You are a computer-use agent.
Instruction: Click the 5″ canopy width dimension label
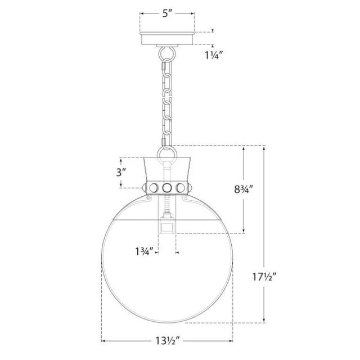point(167,13)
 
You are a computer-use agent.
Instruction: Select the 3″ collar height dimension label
point(121,172)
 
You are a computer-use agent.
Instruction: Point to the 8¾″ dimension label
point(244,190)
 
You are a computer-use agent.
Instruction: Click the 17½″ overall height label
point(264,277)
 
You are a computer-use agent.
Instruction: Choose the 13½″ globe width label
point(167,341)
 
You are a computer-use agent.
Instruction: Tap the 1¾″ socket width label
point(144,252)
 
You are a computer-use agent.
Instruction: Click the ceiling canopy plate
point(167,38)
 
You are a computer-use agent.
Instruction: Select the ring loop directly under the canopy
point(167,54)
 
